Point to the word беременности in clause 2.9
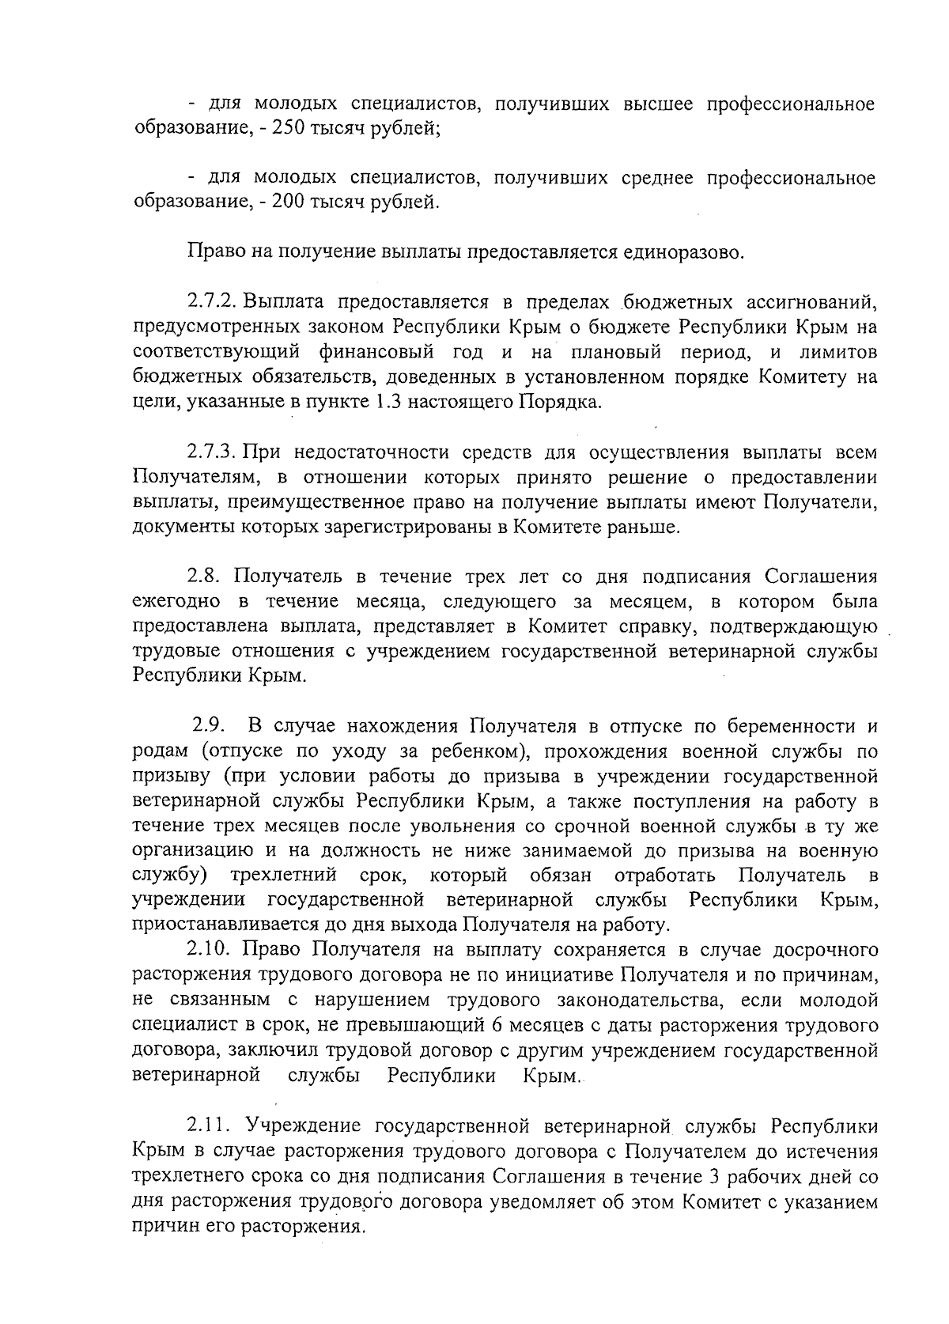792,726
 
